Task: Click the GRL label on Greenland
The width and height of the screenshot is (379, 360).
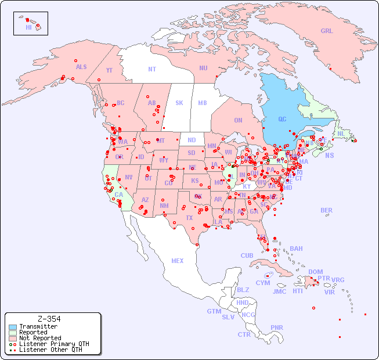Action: (327, 31)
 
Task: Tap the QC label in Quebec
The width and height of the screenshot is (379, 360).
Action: (282, 119)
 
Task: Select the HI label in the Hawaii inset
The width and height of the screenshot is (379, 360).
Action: (28, 27)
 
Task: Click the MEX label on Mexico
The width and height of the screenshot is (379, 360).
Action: (178, 261)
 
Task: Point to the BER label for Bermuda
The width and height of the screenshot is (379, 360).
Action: (327, 210)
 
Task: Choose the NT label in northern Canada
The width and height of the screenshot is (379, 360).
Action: (151, 69)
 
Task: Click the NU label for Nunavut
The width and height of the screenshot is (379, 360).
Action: (203, 68)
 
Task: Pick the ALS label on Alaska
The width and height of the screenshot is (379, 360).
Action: (81, 67)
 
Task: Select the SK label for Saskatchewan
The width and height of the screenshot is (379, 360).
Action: (179, 103)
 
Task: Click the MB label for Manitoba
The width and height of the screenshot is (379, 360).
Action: (203, 103)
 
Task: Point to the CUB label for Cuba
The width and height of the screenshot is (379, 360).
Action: (247, 255)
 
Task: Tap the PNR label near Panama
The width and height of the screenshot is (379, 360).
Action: (277, 327)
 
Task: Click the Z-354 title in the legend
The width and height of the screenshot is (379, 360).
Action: (49, 319)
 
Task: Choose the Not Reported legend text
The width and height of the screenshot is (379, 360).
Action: (39, 338)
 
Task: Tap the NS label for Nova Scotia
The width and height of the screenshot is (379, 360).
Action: (329, 155)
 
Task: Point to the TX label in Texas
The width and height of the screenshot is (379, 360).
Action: (189, 218)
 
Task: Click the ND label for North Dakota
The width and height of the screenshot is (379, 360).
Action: (192, 140)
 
